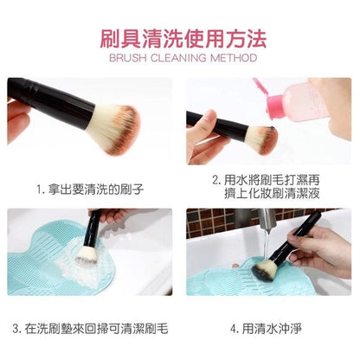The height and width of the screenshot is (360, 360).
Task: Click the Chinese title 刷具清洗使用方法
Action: coord(183,39)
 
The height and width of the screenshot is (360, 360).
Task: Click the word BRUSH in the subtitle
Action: coord(127,58)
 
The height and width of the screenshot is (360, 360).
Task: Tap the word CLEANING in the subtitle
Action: coord(178,58)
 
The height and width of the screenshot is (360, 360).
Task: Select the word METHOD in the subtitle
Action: coord(234,58)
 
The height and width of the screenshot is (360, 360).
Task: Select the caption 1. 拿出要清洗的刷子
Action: coord(90,190)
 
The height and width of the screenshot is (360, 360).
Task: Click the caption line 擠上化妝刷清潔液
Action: coord(272,193)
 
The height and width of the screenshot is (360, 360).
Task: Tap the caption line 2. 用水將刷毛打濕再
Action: coord(266,180)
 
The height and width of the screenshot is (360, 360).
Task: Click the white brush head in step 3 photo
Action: coord(86,255)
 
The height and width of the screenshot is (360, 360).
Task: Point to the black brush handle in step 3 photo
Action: coord(93,227)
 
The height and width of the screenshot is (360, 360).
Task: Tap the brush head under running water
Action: coord(263,271)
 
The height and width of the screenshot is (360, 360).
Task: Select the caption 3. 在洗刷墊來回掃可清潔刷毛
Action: coord(90,329)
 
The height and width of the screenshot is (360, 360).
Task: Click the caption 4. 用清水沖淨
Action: coord(266,329)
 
